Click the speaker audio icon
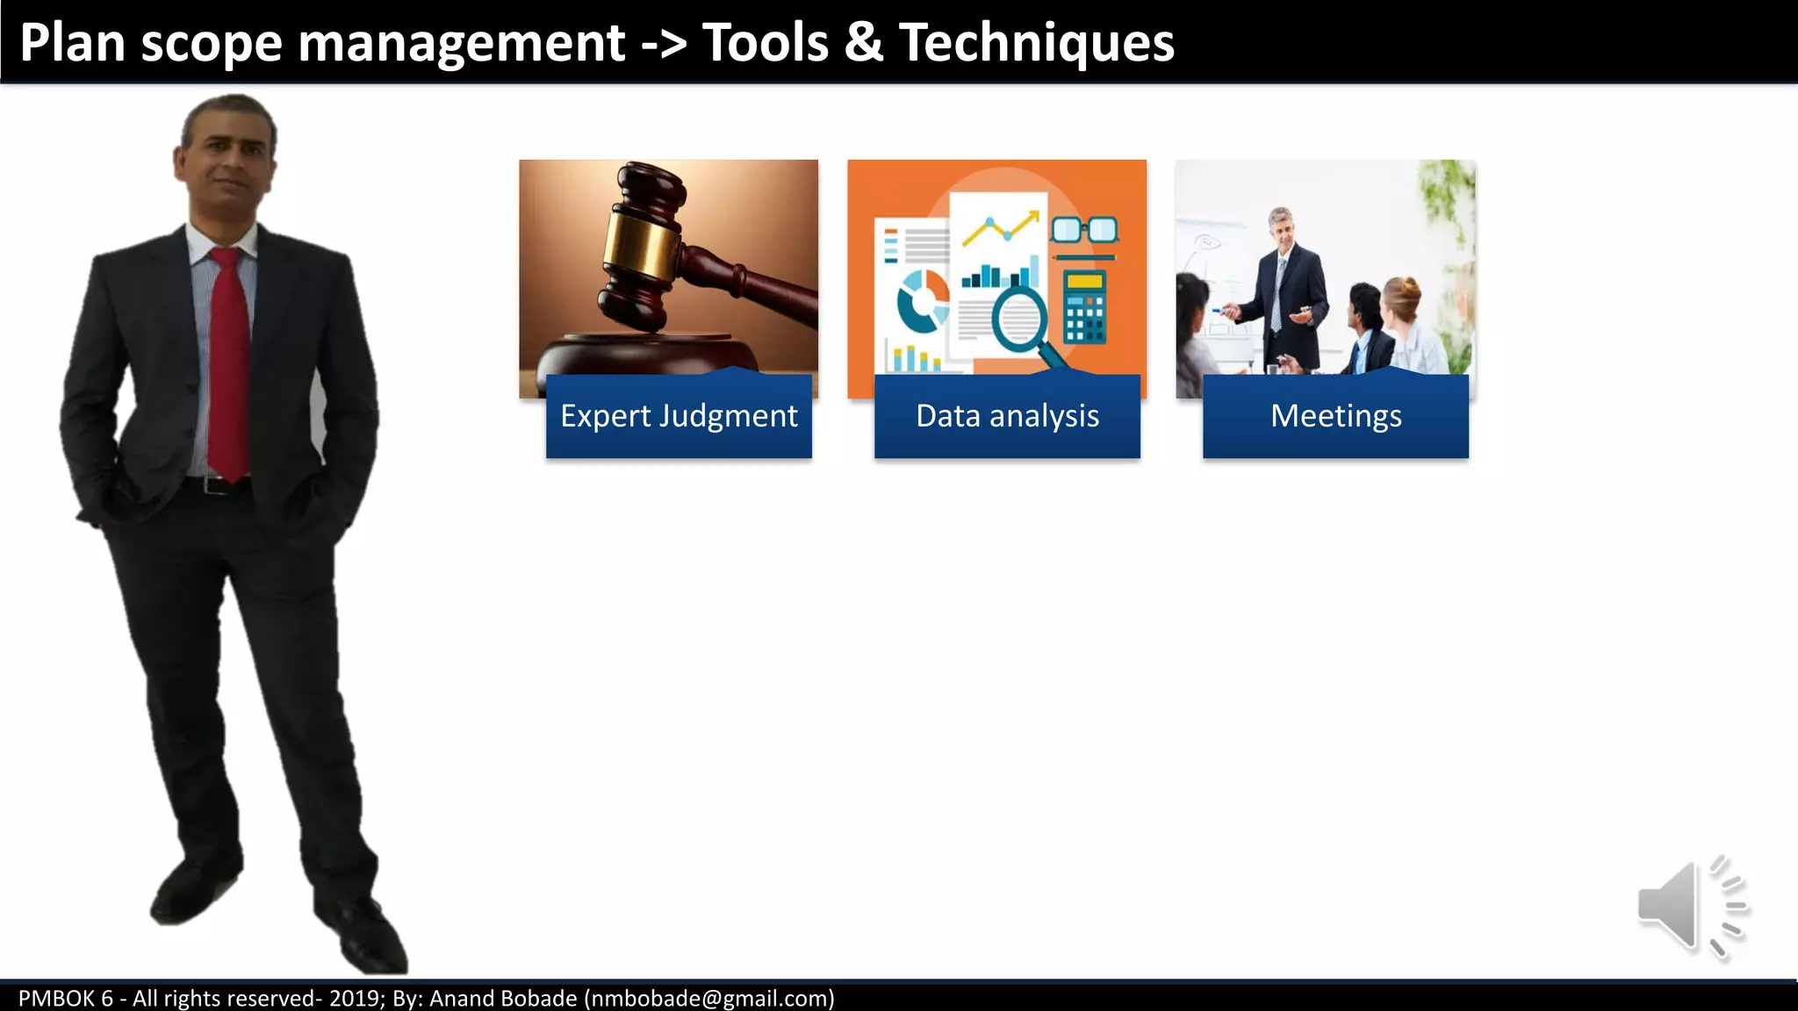pos(1691,907)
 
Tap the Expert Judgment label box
pos(679,416)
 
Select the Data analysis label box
pos(1007,416)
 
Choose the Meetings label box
pos(1335,416)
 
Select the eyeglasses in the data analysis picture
pos(1085,230)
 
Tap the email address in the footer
pos(709,999)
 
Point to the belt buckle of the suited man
pos(211,484)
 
